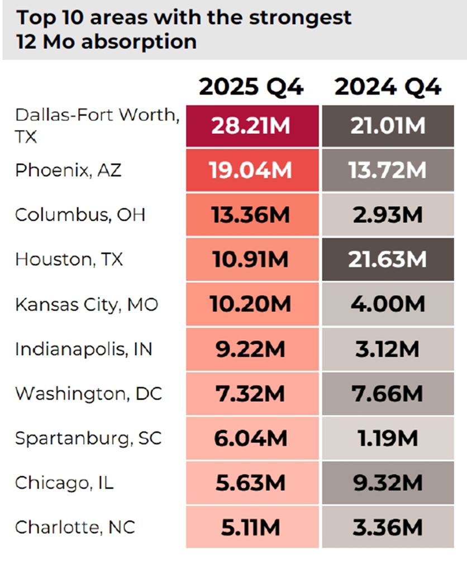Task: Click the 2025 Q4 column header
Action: pyautogui.click(x=251, y=87)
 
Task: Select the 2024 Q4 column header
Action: pyautogui.click(x=388, y=87)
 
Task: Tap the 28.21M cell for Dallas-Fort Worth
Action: pyautogui.click(x=252, y=126)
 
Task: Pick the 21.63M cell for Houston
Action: pyautogui.click(x=388, y=260)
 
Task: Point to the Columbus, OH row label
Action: pyautogui.click(x=80, y=215)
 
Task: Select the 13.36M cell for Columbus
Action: pyautogui.click(x=252, y=215)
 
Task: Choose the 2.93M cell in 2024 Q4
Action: pyautogui.click(x=388, y=215)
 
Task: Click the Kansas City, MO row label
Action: pyautogui.click(x=87, y=305)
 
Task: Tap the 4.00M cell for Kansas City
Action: pyautogui.click(x=388, y=305)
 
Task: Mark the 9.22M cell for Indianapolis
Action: pyautogui.click(x=252, y=349)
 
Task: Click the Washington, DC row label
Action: pyautogui.click(x=88, y=393)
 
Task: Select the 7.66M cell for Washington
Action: pyautogui.click(x=388, y=394)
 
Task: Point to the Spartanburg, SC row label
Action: pyautogui.click(x=88, y=438)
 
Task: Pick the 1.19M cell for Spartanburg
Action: pyautogui.click(x=388, y=439)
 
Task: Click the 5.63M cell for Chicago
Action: pyautogui.click(x=252, y=483)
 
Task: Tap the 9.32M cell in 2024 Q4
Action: pyautogui.click(x=388, y=483)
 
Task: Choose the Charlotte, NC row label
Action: pyautogui.click(x=75, y=527)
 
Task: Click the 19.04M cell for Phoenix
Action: pyautogui.click(x=252, y=170)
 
